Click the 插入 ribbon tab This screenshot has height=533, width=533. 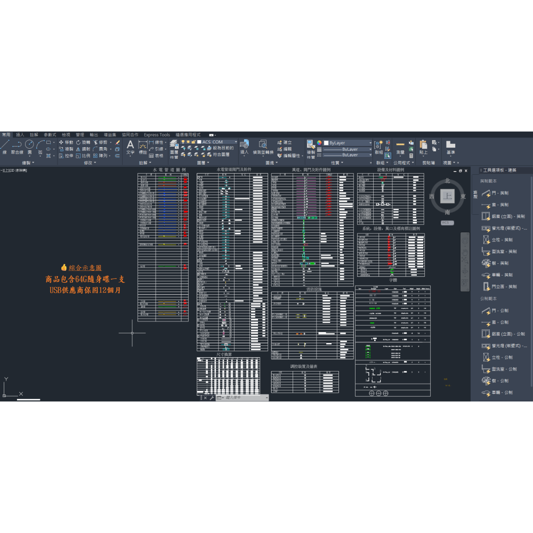(20, 135)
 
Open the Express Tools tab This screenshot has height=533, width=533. (157, 135)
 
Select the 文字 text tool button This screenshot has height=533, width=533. (131, 147)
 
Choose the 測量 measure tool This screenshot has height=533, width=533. (400, 148)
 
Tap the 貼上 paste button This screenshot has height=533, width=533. (424, 147)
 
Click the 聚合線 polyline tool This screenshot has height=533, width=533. (17, 148)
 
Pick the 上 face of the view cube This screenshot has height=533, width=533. (447, 196)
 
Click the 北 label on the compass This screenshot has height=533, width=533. (447, 181)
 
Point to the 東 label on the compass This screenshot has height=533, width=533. (463, 196)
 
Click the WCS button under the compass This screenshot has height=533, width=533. (447, 222)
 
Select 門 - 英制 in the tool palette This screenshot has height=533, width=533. (500, 193)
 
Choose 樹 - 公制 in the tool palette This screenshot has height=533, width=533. (500, 381)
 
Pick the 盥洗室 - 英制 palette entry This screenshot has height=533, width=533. (504, 252)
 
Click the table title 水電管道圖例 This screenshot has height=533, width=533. (169, 170)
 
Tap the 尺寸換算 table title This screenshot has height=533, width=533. (224, 354)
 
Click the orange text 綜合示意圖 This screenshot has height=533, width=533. (85, 268)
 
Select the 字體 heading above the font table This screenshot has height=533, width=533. (393, 279)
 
